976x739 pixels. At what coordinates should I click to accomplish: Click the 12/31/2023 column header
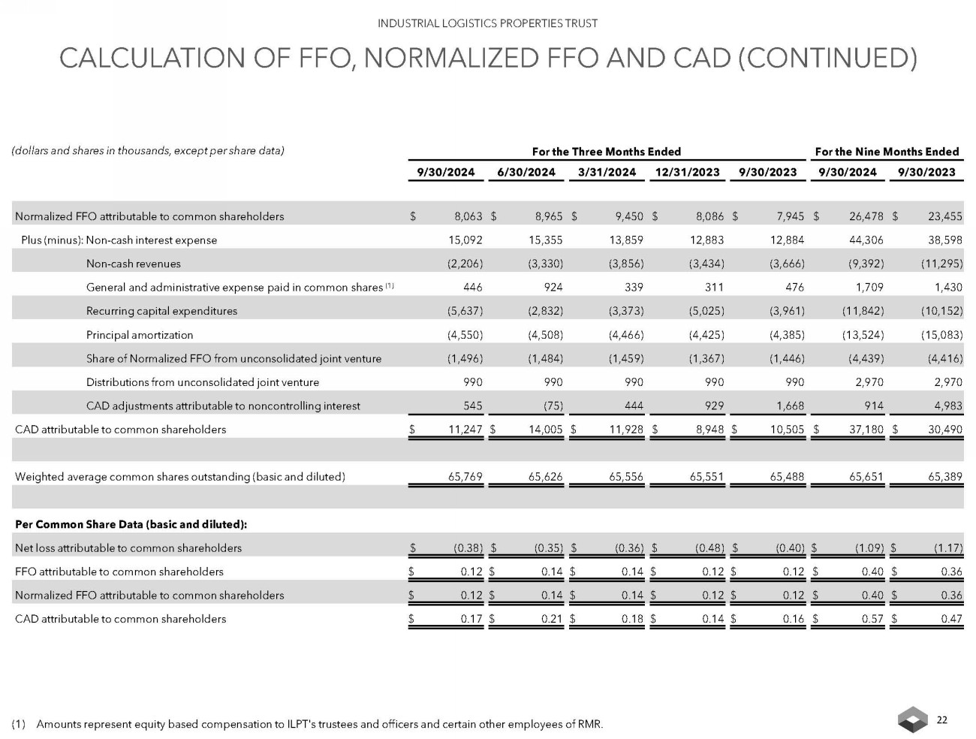pos(687,172)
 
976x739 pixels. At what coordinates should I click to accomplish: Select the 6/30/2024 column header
pos(526,172)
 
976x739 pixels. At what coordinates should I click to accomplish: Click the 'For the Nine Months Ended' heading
pos(887,152)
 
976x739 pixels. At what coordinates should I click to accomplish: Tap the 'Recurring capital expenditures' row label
pos(161,311)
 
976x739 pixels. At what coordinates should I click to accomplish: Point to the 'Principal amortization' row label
pos(140,335)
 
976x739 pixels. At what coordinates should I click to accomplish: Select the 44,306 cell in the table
pos(866,240)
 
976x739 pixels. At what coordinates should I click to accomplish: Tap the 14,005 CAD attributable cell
pos(544,430)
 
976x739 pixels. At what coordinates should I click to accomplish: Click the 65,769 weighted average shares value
pos(465,476)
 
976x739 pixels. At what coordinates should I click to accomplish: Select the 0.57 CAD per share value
pos(872,619)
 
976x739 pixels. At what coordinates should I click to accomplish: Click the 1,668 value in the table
pos(788,406)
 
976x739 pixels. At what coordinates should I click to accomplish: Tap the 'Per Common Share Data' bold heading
pos(131,523)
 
